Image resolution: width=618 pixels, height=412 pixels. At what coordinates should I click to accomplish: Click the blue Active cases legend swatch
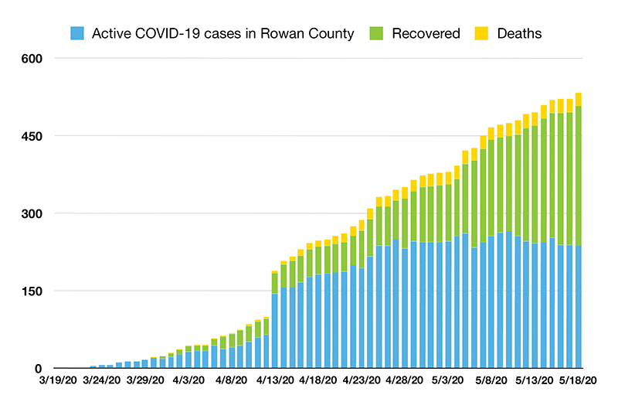click(77, 33)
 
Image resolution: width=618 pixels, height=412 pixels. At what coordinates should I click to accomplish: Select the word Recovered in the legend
click(426, 33)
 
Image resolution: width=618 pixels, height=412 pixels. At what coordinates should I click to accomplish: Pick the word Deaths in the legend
click(519, 33)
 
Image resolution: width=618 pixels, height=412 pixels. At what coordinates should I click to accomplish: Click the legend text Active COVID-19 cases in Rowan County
click(222, 33)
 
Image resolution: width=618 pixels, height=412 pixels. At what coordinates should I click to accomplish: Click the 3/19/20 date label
click(58, 380)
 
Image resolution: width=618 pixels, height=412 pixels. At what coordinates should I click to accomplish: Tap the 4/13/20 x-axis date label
click(275, 380)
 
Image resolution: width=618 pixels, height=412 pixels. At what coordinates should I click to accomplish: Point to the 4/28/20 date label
click(405, 380)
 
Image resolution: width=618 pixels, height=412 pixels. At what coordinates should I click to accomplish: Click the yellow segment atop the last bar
click(579, 99)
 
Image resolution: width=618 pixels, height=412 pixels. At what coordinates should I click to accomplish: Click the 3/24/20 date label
click(101, 380)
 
